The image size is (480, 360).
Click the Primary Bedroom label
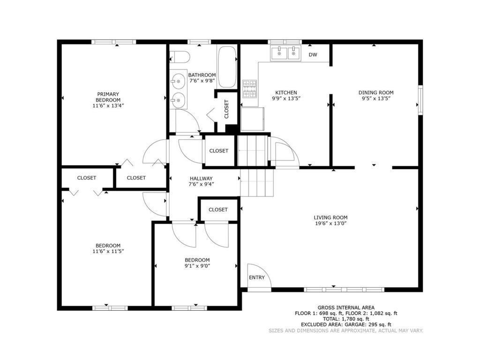pyautogui.click(x=108, y=97)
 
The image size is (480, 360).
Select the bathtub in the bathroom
pyautogui.click(x=227, y=67)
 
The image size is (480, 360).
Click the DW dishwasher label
pyautogui.click(x=313, y=55)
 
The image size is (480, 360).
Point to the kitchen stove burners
pyautogui.click(x=249, y=89)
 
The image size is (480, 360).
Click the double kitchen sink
pyautogui.click(x=286, y=53)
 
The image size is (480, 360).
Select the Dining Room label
pyautogui.click(x=376, y=93)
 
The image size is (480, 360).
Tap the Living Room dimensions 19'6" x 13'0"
pyautogui.click(x=330, y=224)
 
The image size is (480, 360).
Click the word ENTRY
pyautogui.click(x=256, y=277)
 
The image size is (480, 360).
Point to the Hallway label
pyautogui.click(x=201, y=179)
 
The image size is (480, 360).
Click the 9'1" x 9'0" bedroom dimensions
pyautogui.click(x=197, y=266)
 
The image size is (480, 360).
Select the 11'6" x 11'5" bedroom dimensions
pyautogui.click(x=108, y=252)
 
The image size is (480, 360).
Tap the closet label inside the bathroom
pyautogui.click(x=226, y=109)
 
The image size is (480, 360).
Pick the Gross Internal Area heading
pyautogui.click(x=345, y=307)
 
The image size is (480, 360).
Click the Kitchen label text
pyautogui.click(x=286, y=93)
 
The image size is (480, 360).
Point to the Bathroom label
pyautogui.click(x=202, y=75)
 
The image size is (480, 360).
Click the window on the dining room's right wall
pyautogui.click(x=420, y=99)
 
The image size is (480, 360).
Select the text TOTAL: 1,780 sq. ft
pyautogui.click(x=345, y=319)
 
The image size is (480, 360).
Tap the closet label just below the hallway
pyautogui.click(x=218, y=210)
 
